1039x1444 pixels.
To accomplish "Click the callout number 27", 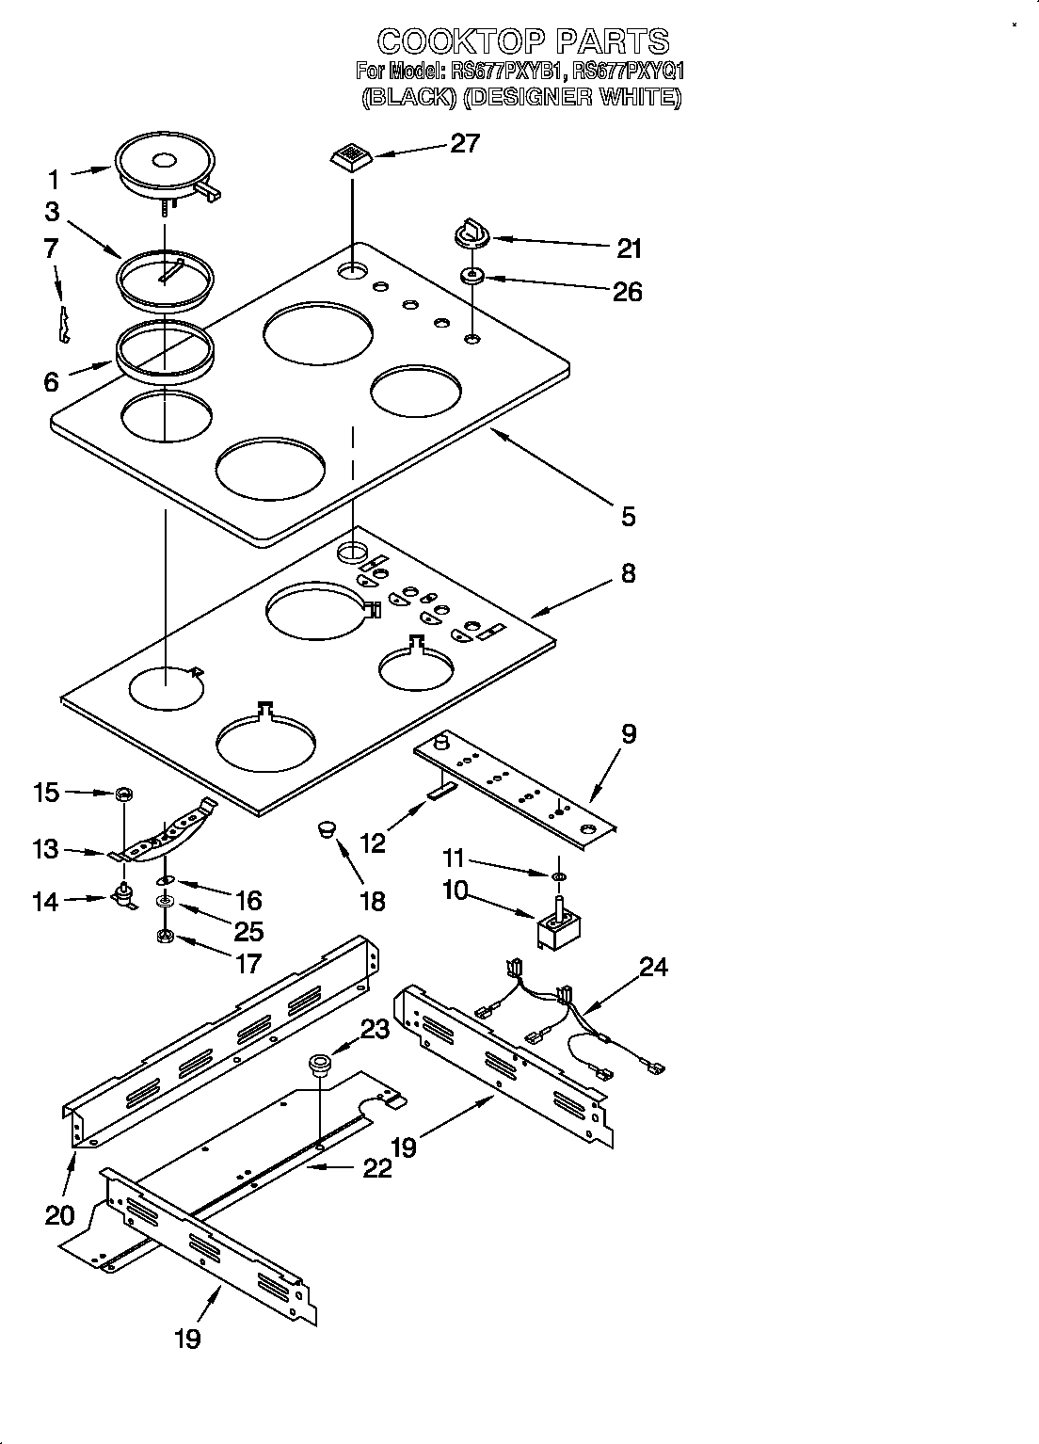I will [465, 143].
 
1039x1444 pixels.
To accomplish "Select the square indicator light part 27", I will [351, 156].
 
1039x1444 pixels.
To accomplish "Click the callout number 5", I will [628, 516].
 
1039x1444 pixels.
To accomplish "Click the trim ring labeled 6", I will [164, 349].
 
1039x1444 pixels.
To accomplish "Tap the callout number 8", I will [628, 573].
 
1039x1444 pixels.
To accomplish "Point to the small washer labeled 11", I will [558, 877].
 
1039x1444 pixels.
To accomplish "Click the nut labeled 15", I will [121, 795].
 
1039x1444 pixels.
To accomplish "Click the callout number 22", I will [376, 1168].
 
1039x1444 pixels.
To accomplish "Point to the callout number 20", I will [59, 1215].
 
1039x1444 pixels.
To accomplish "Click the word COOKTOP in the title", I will [458, 41].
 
